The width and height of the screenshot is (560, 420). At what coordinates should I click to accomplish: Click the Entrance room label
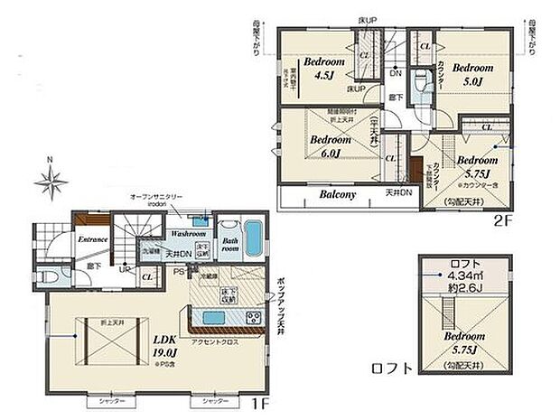(93, 239)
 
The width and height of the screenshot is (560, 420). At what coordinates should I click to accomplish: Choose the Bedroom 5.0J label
(471, 74)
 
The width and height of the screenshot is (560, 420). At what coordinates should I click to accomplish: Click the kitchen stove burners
(254, 318)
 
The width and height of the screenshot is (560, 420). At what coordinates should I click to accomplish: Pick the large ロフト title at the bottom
(391, 369)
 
